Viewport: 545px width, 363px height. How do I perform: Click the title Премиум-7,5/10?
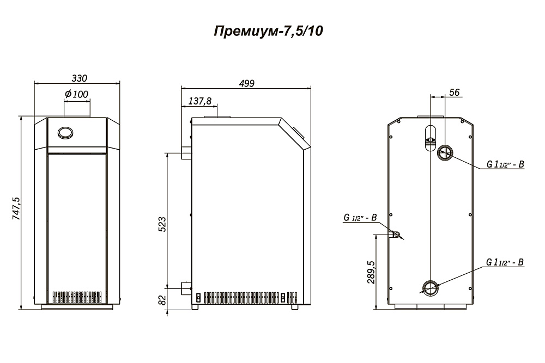pyautogui.click(x=268, y=31)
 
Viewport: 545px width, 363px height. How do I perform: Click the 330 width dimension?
pyautogui.click(x=79, y=78)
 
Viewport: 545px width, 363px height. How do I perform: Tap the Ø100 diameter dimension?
pyautogui.click(x=76, y=94)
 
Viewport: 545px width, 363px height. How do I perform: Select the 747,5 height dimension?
pyautogui.click(x=16, y=208)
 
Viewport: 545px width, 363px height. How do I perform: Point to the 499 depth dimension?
pyautogui.click(x=246, y=83)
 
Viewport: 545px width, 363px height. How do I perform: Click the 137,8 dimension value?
pyautogui.click(x=200, y=101)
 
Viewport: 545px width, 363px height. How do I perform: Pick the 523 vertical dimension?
pyautogui.click(x=162, y=224)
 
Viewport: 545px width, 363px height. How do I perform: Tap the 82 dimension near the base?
pyautogui.click(x=162, y=300)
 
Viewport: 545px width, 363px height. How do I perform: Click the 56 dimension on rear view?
pyautogui.click(x=455, y=93)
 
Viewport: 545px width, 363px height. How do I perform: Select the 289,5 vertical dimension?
pyautogui.click(x=371, y=272)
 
